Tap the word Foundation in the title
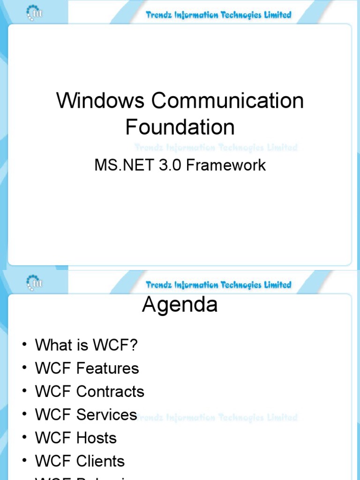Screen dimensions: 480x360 coord(180,127)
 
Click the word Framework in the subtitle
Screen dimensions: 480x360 coord(226,165)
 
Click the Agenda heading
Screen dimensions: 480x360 coord(180,305)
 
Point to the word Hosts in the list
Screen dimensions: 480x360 coord(96,438)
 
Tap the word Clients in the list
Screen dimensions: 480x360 coord(100,461)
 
